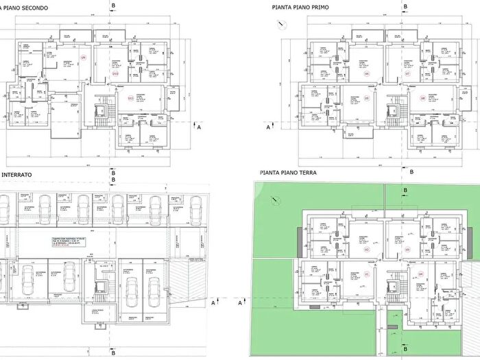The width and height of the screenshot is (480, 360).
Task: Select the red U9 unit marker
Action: click(x=84, y=58)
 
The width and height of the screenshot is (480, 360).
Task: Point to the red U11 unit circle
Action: click(x=130, y=98)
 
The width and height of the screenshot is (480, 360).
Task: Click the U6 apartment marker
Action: click(x=366, y=73)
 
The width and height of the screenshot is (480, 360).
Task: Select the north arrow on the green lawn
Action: click(x=275, y=200)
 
